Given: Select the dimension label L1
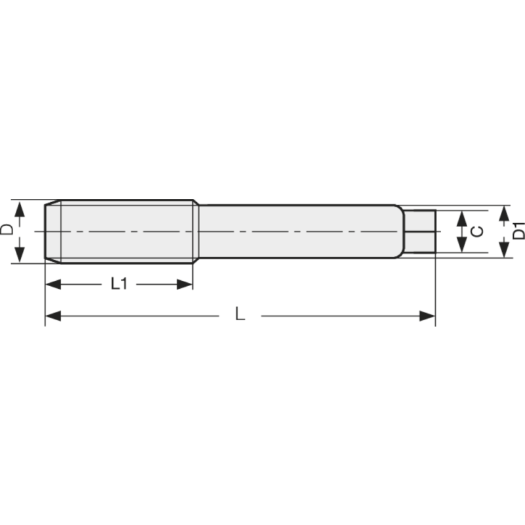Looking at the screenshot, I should tap(119, 283).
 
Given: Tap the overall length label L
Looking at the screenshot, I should tap(240, 316).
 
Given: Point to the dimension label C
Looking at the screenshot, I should tap(478, 232).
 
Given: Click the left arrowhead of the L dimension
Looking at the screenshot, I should tap(52, 316).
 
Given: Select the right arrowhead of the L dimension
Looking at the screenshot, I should tap(427, 316).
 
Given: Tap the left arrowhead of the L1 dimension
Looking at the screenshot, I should tap(52, 284).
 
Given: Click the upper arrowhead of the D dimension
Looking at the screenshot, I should tap(20, 209).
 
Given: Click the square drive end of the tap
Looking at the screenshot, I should tap(420, 232).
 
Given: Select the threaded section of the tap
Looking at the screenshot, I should tap(125, 232).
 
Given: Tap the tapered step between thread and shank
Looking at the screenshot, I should tap(196, 232).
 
